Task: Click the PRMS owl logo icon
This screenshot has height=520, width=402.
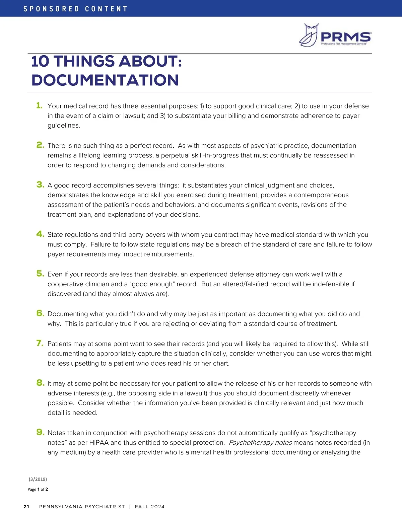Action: coord(309,35)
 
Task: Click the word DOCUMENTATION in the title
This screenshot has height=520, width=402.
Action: coord(105,80)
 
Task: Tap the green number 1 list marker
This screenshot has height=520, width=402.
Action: coord(39,105)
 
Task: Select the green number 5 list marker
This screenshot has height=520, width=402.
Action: coord(40,274)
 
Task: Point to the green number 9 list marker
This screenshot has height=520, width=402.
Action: coord(40,432)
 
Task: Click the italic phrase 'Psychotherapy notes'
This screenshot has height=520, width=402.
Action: coord(260,443)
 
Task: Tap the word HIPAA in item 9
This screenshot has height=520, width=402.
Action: coord(99,443)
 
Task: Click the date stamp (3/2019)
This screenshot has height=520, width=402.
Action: coord(38,479)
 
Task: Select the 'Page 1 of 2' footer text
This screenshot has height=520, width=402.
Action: coord(38,489)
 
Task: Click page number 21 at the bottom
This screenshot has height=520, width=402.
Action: coord(26,507)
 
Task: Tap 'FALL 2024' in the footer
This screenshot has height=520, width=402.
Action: coord(150,507)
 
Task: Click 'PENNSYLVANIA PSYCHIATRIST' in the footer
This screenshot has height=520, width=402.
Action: coord(82,507)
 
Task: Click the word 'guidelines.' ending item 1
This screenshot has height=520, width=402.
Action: coord(64,126)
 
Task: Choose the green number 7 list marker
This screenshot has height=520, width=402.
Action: coord(40,343)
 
